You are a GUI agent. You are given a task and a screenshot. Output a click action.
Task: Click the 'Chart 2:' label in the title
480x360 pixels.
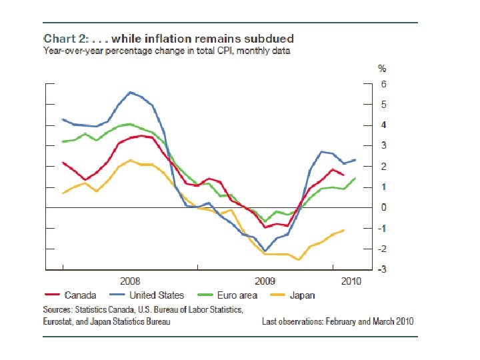point(65,39)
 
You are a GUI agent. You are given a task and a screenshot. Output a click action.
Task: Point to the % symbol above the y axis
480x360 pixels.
point(382,69)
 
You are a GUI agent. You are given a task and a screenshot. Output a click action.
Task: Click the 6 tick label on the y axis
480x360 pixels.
point(383,84)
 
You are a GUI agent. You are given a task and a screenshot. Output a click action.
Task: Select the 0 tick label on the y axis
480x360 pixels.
point(383,207)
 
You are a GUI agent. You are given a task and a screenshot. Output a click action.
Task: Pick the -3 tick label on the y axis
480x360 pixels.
point(382,269)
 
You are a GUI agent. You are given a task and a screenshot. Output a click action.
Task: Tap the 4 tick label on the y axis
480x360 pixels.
point(383,125)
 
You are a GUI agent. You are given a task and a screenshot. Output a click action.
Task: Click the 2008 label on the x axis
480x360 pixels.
point(130,281)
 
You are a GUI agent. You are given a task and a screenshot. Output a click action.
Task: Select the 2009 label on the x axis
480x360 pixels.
point(265,281)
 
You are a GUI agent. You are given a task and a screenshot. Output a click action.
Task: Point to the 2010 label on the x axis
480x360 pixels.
point(351,281)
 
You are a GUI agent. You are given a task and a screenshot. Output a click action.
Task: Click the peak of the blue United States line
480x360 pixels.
point(131,92)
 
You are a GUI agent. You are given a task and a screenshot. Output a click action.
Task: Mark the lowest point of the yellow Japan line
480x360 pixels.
point(299,260)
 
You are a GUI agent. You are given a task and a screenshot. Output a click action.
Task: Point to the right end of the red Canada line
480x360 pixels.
point(343,175)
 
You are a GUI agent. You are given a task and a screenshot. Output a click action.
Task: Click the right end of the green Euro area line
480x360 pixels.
point(355,177)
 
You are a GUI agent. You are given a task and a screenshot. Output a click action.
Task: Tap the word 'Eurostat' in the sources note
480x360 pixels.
point(59,321)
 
